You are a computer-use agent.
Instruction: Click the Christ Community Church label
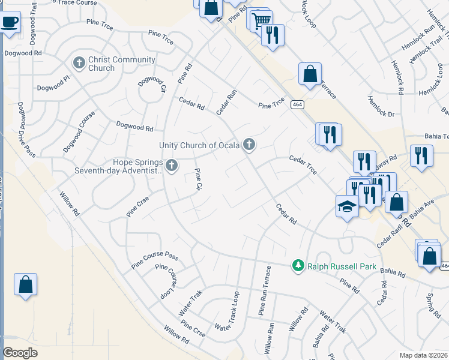121,64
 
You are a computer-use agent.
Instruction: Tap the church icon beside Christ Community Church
79,62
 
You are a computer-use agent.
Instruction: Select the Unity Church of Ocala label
199,145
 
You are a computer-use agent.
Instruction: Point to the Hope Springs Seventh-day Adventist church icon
172,164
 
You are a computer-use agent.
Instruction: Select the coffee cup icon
10,23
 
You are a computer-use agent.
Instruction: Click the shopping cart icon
262,20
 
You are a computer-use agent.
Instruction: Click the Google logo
20,353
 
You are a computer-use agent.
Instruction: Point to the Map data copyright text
423,355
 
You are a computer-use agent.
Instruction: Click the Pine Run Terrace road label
265,291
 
